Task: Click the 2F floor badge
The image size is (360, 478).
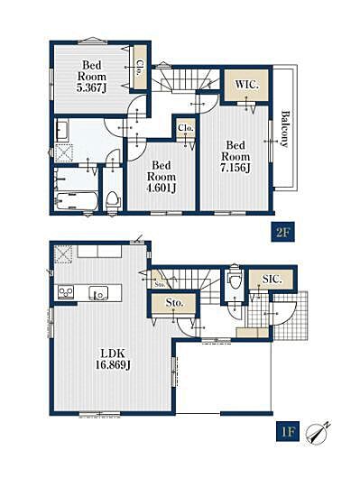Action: [x=282, y=234]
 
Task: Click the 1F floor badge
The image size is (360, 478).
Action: [x=288, y=431]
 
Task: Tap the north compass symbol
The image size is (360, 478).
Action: [x=318, y=432]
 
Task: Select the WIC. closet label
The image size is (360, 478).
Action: [x=246, y=85]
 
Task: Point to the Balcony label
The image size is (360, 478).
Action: [x=284, y=129]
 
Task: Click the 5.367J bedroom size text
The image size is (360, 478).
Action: [x=91, y=88]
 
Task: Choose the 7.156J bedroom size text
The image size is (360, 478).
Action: [x=235, y=168]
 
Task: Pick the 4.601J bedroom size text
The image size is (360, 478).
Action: [x=162, y=188]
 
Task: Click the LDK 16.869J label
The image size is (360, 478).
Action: [x=113, y=359]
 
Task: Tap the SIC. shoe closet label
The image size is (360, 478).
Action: [x=272, y=279]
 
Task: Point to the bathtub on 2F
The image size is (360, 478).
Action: [x=76, y=201]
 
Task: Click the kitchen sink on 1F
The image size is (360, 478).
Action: [x=98, y=293]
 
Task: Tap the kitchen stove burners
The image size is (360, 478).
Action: [x=66, y=292]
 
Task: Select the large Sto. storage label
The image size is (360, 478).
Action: [x=174, y=303]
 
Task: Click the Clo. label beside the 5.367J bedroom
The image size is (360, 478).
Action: [x=140, y=68]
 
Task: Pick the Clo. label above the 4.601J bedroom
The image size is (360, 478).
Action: [x=186, y=128]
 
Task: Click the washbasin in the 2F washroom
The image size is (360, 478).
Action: [x=62, y=131]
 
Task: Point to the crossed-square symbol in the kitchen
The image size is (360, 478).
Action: [x=63, y=254]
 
